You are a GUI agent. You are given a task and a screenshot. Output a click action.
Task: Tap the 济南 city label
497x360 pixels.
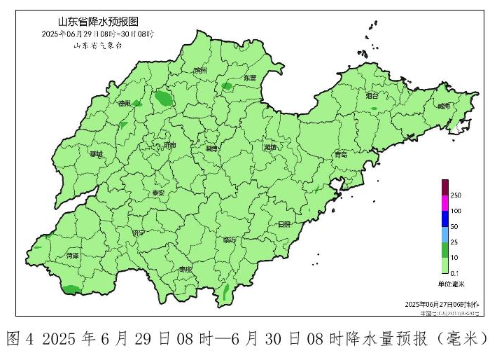[x=169, y=145]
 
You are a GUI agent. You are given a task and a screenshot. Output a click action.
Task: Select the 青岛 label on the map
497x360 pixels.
[x=341, y=153]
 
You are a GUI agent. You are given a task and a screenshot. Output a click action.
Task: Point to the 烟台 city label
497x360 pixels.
[x=372, y=95]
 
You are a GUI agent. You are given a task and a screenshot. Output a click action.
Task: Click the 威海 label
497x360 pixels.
[x=443, y=106]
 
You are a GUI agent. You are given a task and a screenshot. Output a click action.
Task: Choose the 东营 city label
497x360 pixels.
[x=250, y=78]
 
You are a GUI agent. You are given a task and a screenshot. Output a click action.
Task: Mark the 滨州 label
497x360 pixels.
[x=200, y=71]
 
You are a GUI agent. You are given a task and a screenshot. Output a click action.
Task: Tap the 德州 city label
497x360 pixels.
[x=125, y=104]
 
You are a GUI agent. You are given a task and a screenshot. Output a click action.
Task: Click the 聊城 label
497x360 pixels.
[x=96, y=153]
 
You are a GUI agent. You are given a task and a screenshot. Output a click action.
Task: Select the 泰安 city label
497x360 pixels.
[x=158, y=193]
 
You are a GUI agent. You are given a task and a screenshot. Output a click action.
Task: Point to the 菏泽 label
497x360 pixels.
[x=72, y=256]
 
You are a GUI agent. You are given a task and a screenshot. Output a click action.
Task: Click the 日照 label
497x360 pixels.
[x=283, y=224]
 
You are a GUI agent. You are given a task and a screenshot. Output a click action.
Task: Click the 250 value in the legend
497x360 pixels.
[x=456, y=194]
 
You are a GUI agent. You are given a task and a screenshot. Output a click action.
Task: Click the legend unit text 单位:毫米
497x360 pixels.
[x=451, y=283]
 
